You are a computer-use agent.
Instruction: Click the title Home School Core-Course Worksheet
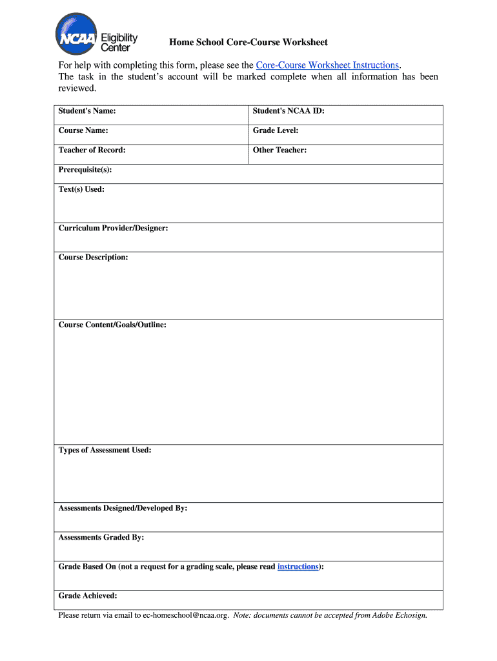click(249, 43)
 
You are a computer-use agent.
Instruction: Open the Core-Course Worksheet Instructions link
click(327, 65)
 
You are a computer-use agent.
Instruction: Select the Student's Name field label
click(87, 111)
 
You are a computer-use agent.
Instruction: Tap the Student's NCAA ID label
click(288, 111)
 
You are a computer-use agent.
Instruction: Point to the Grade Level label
click(276, 130)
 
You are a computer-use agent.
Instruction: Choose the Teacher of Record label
click(92, 150)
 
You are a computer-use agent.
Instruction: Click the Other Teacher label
click(279, 150)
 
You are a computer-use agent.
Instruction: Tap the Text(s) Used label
click(81, 189)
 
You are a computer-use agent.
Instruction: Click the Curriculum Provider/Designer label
click(113, 228)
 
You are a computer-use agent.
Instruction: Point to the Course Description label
click(93, 257)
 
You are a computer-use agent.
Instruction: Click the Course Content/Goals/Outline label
click(112, 325)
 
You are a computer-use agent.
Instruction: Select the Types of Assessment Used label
click(105, 450)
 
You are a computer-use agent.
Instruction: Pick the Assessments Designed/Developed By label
click(123, 508)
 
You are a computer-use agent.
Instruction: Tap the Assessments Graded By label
click(101, 537)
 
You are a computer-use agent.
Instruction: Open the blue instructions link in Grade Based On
click(298, 566)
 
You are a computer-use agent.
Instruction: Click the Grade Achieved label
click(88, 596)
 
